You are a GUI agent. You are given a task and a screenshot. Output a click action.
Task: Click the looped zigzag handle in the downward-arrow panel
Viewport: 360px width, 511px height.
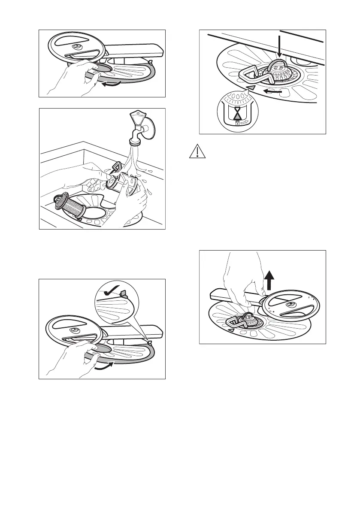click(x=254, y=76)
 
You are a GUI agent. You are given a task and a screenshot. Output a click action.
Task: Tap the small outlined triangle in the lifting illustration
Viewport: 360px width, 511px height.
click(x=231, y=330)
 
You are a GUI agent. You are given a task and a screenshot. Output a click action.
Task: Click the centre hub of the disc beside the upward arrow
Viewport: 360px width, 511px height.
click(x=290, y=305)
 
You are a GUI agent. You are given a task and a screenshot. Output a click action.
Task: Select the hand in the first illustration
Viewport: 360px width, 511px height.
click(x=77, y=75)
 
